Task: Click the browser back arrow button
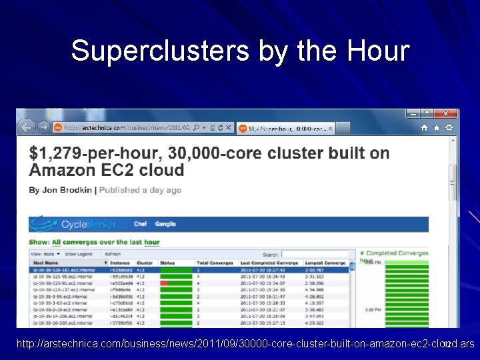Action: click(26, 127)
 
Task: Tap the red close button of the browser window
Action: click(446, 114)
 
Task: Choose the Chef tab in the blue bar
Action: click(140, 224)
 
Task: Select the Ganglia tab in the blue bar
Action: click(165, 224)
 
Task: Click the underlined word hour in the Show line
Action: click(152, 242)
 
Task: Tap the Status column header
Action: click(167, 263)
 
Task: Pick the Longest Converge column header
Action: click(326, 263)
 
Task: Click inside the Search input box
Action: click(318, 254)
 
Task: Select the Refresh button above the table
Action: click(113, 254)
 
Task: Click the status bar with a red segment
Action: click(176, 283)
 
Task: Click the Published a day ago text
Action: click(140, 190)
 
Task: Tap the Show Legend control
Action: click(79, 254)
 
